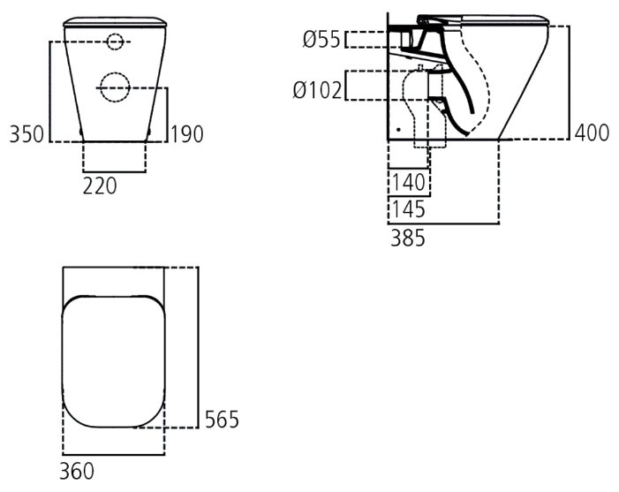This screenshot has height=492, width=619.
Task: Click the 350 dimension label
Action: click(x=26, y=134)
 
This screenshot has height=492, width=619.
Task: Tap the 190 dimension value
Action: click(x=186, y=134)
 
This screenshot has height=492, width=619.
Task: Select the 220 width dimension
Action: click(x=100, y=186)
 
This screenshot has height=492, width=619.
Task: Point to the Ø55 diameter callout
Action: click(x=321, y=40)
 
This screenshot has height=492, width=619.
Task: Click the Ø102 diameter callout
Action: click(x=317, y=90)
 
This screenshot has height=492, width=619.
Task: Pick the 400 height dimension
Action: click(x=593, y=132)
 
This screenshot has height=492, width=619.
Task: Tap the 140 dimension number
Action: click(x=408, y=183)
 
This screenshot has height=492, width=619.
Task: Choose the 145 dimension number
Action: click(x=408, y=209)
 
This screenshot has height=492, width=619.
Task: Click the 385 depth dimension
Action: click(x=408, y=238)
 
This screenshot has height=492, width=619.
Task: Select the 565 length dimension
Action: click(x=222, y=420)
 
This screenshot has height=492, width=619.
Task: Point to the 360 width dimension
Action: click(x=77, y=471)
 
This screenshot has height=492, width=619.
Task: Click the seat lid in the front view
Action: click(x=115, y=22)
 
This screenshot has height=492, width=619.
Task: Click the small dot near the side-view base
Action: click(x=399, y=129)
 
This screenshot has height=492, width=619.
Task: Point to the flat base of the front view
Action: click(x=115, y=141)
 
